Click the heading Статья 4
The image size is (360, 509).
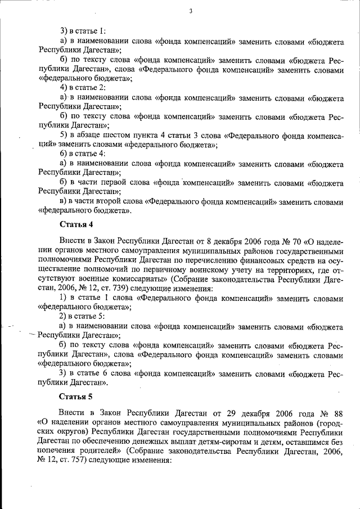coord(76,225)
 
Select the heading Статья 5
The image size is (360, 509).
coord(76,397)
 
